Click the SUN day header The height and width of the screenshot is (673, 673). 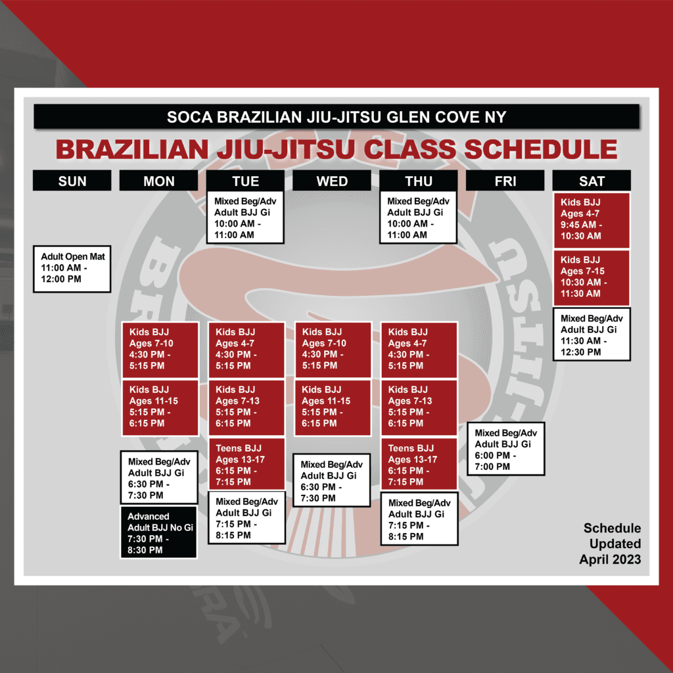tap(72, 181)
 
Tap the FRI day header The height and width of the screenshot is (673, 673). tap(505, 181)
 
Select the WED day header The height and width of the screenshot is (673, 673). tap(332, 181)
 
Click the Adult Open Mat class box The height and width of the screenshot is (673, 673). tap(72, 269)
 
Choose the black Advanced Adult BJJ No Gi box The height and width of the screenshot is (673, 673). tap(159, 532)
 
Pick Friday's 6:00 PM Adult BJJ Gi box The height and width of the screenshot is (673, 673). tap(506, 449)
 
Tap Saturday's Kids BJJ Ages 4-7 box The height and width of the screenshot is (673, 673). tap(592, 220)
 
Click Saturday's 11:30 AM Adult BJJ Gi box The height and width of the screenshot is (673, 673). tap(592, 335)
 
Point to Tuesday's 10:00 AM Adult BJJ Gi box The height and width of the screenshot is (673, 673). tap(246, 217)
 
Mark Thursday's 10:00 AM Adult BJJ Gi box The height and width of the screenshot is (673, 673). tap(419, 217)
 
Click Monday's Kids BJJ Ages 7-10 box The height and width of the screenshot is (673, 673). tap(160, 350)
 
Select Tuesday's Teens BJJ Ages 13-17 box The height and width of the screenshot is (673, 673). tap(246, 464)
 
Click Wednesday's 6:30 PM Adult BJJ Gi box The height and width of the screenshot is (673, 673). tap(332, 480)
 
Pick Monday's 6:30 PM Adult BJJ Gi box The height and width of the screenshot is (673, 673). tap(159, 477)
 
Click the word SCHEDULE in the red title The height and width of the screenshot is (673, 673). tap(540, 149)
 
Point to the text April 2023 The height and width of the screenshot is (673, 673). tap(610, 559)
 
